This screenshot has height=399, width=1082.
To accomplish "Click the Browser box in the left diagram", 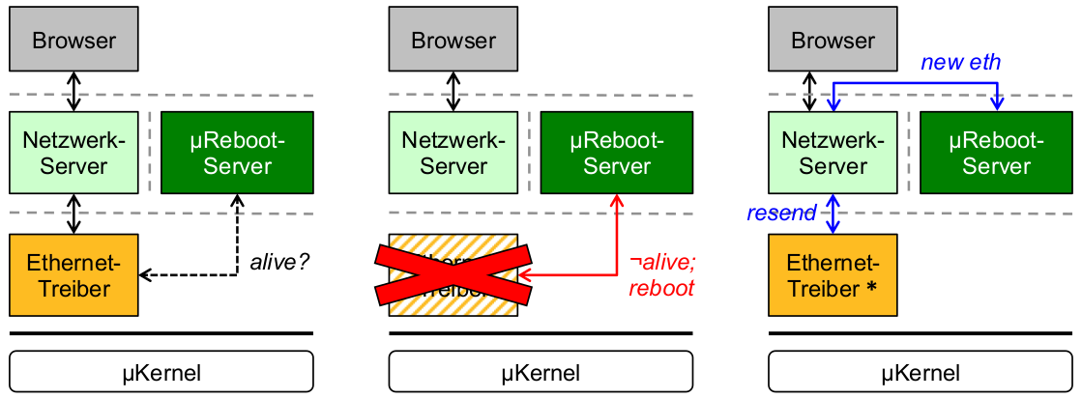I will click(x=74, y=42).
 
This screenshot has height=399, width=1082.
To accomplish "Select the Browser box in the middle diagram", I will click(x=453, y=42).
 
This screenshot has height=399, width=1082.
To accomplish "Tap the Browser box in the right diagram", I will click(x=833, y=42).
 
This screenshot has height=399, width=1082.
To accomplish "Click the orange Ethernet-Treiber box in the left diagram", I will click(x=74, y=275).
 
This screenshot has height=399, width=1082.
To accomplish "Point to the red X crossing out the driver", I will click(x=453, y=275).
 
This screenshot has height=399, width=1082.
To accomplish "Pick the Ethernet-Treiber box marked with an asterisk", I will click(x=833, y=275).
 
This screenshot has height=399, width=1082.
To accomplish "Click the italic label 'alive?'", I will click(x=280, y=261).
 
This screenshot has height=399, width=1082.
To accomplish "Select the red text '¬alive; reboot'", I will click(x=661, y=274).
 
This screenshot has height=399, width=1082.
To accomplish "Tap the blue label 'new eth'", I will click(x=960, y=63).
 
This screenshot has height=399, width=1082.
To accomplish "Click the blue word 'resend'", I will click(x=781, y=214).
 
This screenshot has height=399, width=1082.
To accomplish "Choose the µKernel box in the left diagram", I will click(x=162, y=372).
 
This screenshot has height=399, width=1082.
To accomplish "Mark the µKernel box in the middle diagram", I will click(x=541, y=372).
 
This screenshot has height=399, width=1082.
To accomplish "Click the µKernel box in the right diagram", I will click(x=921, y=372).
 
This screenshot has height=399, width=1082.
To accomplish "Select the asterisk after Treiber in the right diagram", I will click(x=872, y=289).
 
